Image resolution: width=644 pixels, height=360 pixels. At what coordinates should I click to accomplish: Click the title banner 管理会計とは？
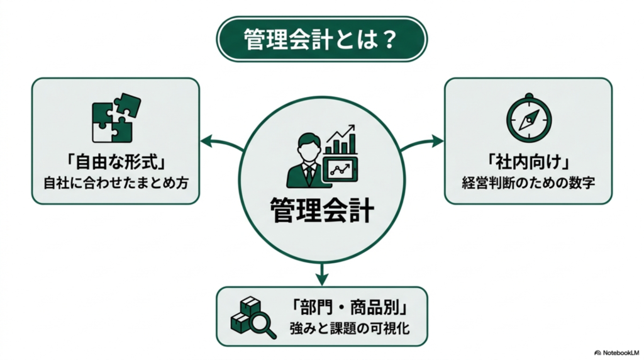(321, 39)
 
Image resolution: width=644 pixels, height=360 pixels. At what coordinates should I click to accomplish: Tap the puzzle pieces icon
(116, 118)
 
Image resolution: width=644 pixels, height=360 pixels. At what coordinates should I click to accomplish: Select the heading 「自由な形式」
(116, 162)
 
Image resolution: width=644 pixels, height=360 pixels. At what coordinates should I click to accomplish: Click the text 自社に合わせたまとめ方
(116, 183)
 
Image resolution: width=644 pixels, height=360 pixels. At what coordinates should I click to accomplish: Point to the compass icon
(528, 118)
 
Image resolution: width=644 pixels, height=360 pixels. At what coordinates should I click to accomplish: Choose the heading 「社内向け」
(528, 162)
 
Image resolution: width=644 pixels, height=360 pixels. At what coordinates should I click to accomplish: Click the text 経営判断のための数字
(528, 183)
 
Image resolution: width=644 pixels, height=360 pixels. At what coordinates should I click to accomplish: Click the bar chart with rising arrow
(340, 140)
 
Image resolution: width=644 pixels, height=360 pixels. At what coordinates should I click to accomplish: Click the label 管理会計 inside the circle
(321, 210)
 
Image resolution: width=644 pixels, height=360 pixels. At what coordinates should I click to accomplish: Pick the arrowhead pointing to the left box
(206, 142)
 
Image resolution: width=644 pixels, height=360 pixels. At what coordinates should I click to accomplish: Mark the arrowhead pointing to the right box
(438, 142)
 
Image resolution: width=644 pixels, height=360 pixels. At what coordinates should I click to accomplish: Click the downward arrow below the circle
(322, 274)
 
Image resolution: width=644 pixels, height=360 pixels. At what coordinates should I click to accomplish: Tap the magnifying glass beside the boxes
(264, 325)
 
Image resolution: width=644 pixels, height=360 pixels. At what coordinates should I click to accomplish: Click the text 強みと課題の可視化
(350, 329)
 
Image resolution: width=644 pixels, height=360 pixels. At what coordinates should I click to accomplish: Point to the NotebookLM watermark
(617, 352)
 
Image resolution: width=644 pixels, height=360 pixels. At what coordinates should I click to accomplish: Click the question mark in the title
(388, 40)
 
